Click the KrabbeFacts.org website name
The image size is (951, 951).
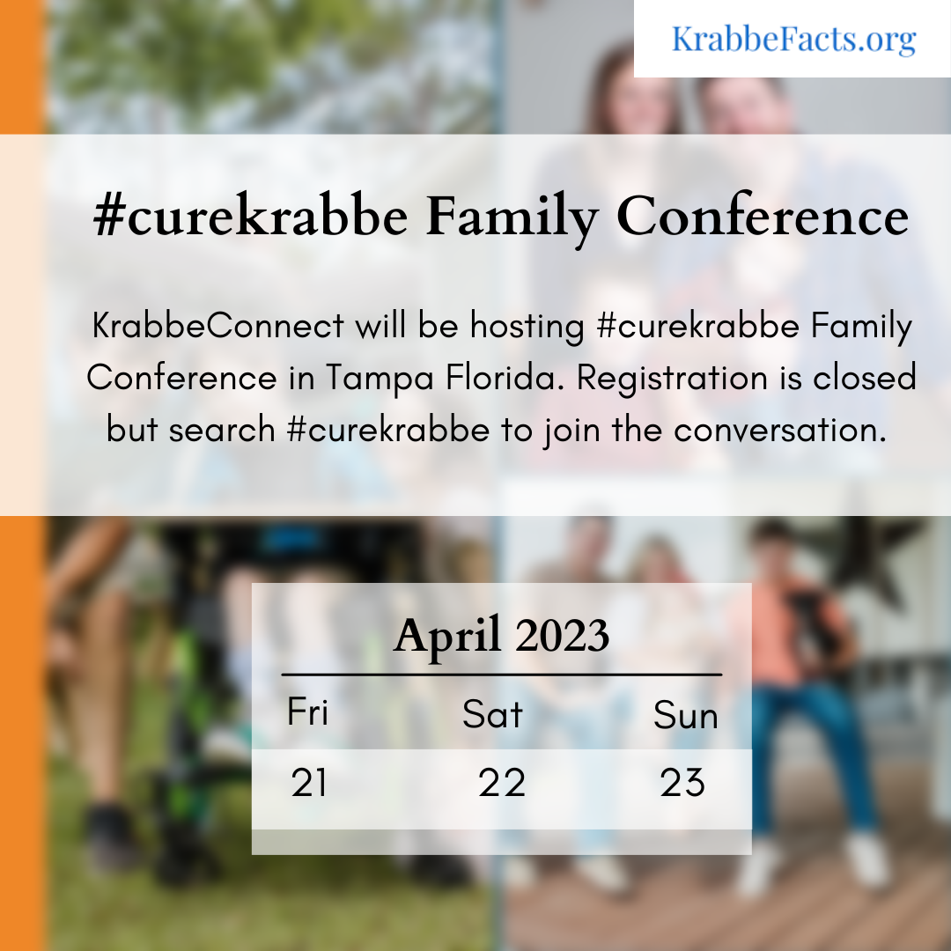pos(794,40)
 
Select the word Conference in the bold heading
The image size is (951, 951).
pos(763,216)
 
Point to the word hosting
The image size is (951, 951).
pos(527,327)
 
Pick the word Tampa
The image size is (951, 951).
pos(380,379)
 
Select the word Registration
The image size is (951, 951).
pos(672,379)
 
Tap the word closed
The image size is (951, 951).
pos(865,377)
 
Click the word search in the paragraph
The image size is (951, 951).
pos(222,430)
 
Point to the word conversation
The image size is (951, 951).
pos(780,430)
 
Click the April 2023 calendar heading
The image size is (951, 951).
pos(501,636)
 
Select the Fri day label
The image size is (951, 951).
pos(307,711)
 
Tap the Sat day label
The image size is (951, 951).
pos(492,714)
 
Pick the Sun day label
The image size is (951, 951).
pos(686,715)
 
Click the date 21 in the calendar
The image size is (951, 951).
pos(309,783)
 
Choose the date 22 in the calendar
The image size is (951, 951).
pos(502,783)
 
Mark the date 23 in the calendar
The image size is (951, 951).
pos(682,783)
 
